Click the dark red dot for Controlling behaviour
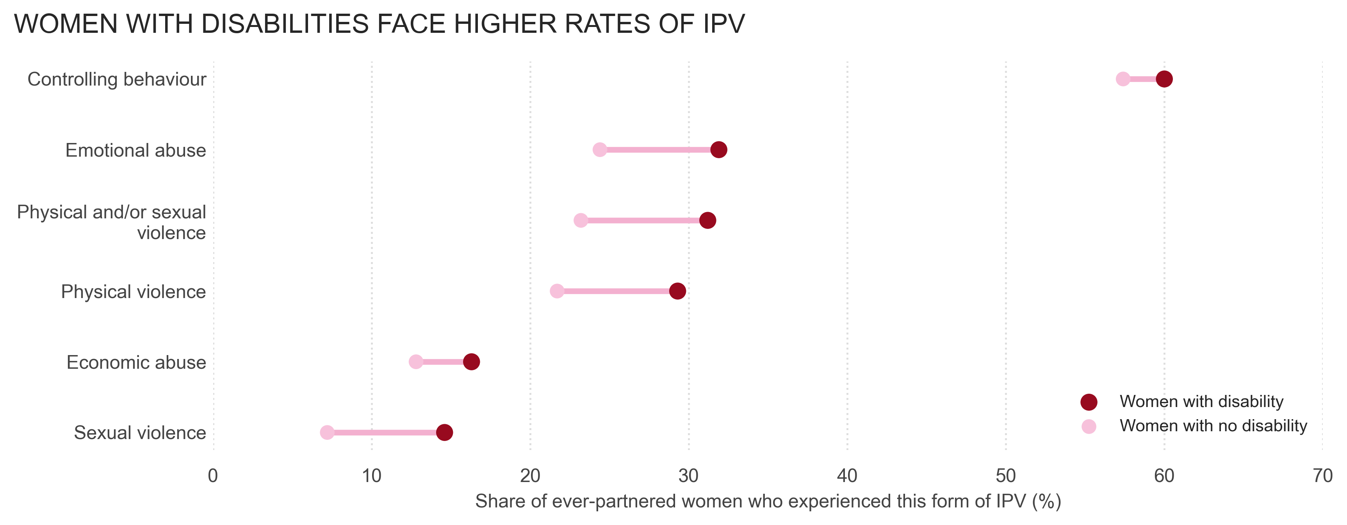point(1164,79)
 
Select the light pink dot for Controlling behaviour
point(1122,79)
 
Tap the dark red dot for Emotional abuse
point(719,150)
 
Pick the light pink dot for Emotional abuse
point(600,150)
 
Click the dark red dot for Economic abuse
point(472,362)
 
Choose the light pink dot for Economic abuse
point(416,362)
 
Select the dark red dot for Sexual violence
point(444,432)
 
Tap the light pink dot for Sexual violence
point(327,432)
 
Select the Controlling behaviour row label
point(117,79)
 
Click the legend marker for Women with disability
point(1089,402)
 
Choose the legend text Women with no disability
point(1213,426)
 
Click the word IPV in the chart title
point(723,24)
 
